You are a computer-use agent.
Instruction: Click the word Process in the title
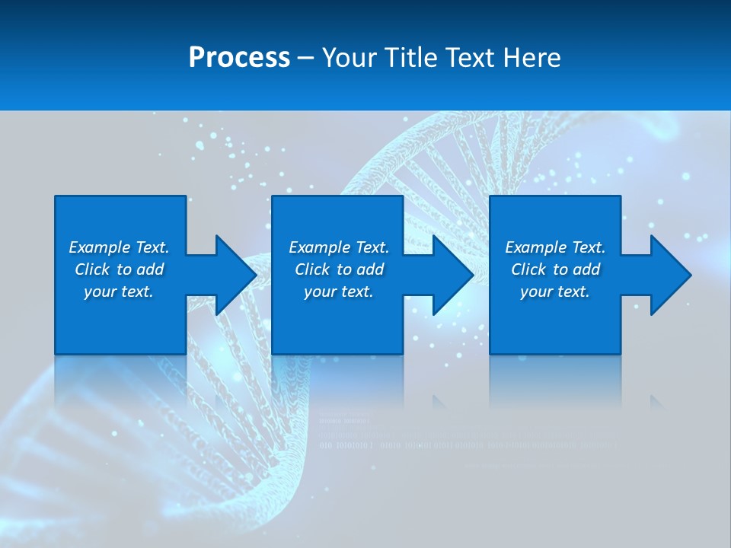click(239, 58)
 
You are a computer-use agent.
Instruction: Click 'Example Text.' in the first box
click(119, 247)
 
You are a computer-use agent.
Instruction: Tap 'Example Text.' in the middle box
click(339, 247)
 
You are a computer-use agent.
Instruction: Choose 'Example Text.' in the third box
click(555, 247)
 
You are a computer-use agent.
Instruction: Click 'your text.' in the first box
click(119, 292)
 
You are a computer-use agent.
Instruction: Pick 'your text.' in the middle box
click(339, 292)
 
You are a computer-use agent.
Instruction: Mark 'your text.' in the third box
click(555, 292)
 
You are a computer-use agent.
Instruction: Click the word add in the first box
click(151, 269)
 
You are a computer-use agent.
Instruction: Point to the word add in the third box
click(587, 269)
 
